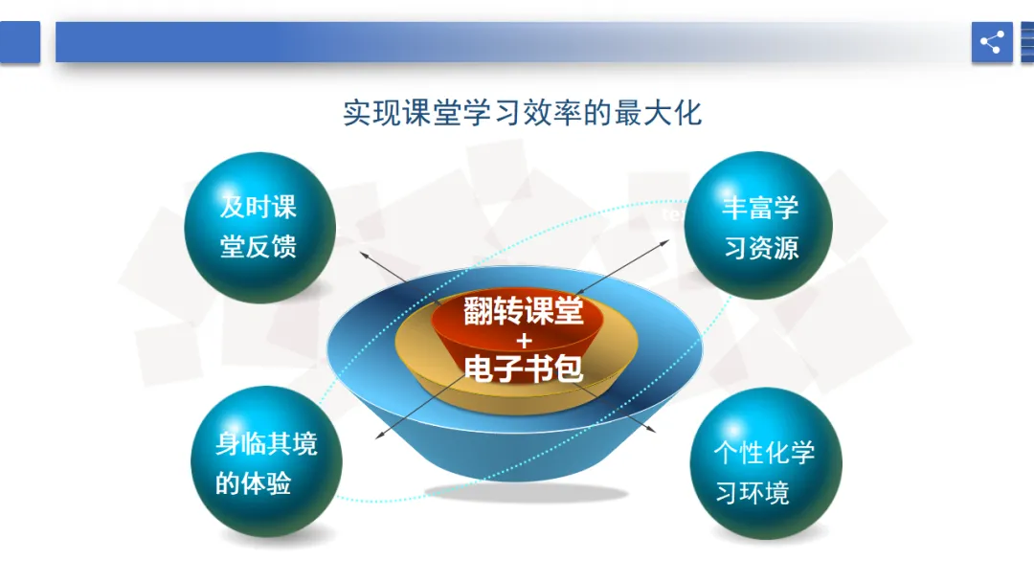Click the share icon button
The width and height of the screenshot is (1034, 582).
(992, 42)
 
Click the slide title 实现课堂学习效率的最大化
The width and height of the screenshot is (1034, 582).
(522, 113)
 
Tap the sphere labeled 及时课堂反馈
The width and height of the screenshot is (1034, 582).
(259, 228)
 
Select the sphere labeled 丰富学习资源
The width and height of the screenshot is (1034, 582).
(758, 225)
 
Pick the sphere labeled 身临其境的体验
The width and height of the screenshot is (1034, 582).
(266, 461)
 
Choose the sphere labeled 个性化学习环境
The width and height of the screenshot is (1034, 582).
(766, 463)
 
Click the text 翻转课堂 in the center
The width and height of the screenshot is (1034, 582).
(523, 311)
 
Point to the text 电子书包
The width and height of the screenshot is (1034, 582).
(523, 369)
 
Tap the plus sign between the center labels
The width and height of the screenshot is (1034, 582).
(525, 341)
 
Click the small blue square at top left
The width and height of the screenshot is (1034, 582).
(20, 42)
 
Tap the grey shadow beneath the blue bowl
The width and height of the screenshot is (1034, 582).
(526, 492)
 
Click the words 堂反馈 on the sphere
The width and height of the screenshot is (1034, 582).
(258, 247)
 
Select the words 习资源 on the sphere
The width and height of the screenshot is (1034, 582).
(761, 249)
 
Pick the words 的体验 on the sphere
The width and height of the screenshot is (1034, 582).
(253, 483)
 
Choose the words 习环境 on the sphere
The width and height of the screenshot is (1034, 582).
(753, 492)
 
